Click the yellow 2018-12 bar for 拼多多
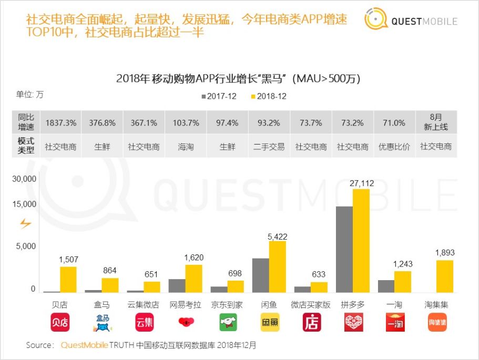[x=361, y=240]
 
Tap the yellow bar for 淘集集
[x=444, y=276]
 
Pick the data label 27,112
[x=362, y=183]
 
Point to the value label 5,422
[x=277, y=235]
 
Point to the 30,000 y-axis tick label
[x=24, y=179]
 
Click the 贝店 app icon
[x=59, y=322]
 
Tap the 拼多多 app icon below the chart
[x=353, y=322]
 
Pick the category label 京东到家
[x=227, y=305]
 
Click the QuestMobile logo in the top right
[x=411, y=20]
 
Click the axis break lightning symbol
[x=25, y=224]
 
